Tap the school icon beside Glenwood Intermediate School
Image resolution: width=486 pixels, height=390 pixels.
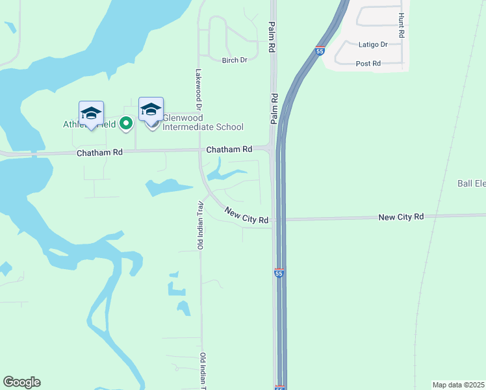(x=151, y=110)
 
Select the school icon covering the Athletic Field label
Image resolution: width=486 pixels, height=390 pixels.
(x=91, y=114)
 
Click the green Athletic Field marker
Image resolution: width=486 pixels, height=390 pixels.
(x=127, y=123)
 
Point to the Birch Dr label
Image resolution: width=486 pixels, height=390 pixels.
(x=235, y=60)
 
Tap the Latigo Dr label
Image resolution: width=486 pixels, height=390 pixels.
(x=373, y=45)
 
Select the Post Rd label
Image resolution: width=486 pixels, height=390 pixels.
(x=368, y=64)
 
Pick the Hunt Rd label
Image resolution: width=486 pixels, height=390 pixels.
(x=402, y=25)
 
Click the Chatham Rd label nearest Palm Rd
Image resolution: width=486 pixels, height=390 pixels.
(x=229, y=149)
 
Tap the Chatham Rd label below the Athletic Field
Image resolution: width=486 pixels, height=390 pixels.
(x=99, y=153)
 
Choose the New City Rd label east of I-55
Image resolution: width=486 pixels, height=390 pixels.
(x=401, y=216)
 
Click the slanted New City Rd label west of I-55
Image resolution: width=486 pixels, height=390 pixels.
(x=247, y=215)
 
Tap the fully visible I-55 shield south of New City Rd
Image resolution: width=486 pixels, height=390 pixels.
(x=279, y=274)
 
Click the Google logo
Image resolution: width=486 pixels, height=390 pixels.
(x=21, y=382)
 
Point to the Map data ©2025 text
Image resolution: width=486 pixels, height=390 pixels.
(x=459, y=385)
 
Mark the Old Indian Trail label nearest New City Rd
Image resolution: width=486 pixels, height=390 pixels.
(x=201, y=226)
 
